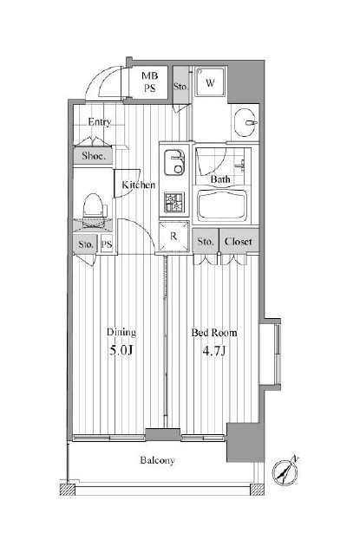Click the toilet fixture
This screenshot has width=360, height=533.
(x=93, y=205)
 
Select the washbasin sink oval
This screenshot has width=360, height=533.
(x=245, y=123)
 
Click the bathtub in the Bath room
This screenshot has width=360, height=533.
(x=222, y=205)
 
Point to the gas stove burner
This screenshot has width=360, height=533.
(x=173, y=202)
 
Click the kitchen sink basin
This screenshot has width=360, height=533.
(x=174, y=161)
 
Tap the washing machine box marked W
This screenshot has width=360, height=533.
(x=210, y=82)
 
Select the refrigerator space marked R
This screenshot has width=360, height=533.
(x=173, y=237)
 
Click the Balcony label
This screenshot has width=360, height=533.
(x=157, y=460)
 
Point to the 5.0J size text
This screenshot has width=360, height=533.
(x=121, y=350)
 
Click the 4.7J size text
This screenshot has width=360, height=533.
(x=214, y=350)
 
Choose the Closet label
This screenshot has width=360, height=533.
(x=239, y=241)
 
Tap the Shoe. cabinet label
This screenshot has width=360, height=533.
(x=93, y=156)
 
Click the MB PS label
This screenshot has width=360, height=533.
(x=149, y=82)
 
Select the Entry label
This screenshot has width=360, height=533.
(x=100, y=122)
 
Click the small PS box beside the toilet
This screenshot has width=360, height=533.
(x=107, y=244)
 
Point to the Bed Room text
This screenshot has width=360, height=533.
(x=214, y=333)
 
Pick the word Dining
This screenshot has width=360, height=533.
(x=121, y=332)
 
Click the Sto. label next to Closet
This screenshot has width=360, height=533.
(x=206, y=241)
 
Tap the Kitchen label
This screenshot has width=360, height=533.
(x=139, y=185)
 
